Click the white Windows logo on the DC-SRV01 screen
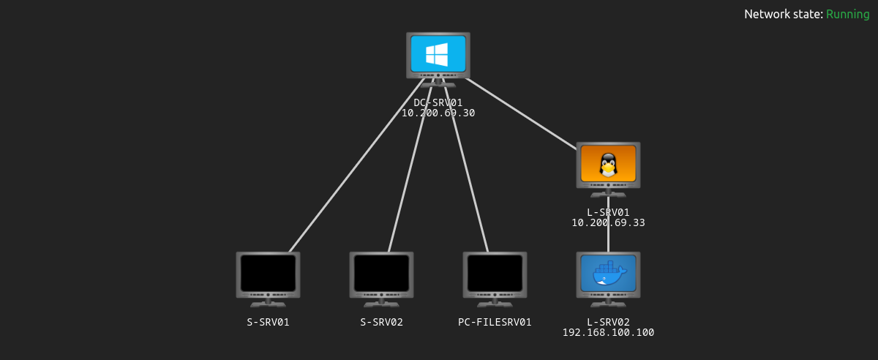(x=438, y=54)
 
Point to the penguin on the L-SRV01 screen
(x=608, y=165)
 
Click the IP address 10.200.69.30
(x=438, y=113)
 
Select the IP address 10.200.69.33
(x=608, y=222)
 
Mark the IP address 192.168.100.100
(x=608, y=332)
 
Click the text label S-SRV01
(x=268, y=322)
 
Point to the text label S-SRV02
(x=381, y=322)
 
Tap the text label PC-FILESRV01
(x=495, y=322)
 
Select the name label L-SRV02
(x=608, y=322)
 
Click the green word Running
(x=847, y=14)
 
